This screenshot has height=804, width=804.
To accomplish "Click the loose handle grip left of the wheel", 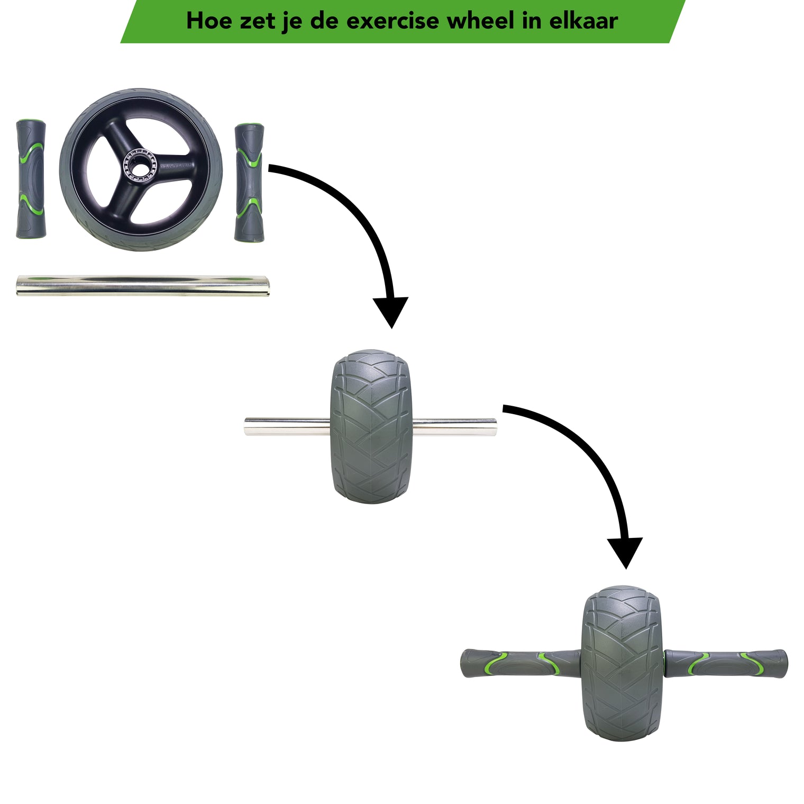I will [x=31, y=179].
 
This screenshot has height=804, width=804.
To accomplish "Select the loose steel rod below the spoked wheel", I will [x=143, y=285].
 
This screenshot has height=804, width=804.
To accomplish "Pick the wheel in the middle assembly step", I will [x=371, y=426].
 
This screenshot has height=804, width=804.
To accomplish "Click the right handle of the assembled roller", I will [x=726, y=663].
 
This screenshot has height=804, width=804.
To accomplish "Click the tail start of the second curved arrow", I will [x=505, y=408].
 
